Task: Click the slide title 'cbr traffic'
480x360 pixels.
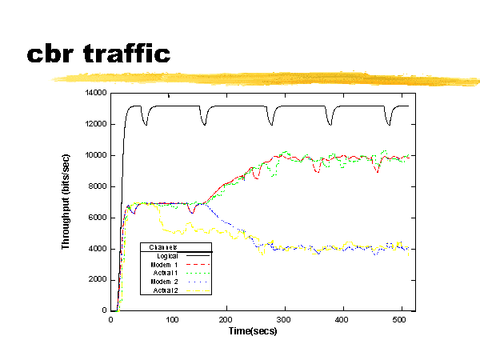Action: pyautogui.click(x=98, y=54)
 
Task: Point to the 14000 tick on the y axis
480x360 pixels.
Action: pyautogui.click(x=97, y=93)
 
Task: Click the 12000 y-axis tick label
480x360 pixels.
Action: pyautogui.click(x=97, y=124)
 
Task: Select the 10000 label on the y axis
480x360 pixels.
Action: pyautogui.click(x=97, y=155)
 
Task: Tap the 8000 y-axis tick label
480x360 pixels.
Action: pyautogui.click(x=99, y=186)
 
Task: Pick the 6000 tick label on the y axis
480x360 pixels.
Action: pyautogui.click(x=99, y=218)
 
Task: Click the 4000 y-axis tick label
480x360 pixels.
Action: pyautogui.click(x=99, y=248)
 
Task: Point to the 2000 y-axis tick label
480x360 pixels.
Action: pyautogui.click(x=99, y=279)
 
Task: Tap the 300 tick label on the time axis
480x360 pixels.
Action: pyautogui.click(x=284, y=318)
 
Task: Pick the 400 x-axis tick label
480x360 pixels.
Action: pyautogui.click(x=342, y=318)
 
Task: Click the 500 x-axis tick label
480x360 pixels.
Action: pyautogui.click(x=399, y=318)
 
